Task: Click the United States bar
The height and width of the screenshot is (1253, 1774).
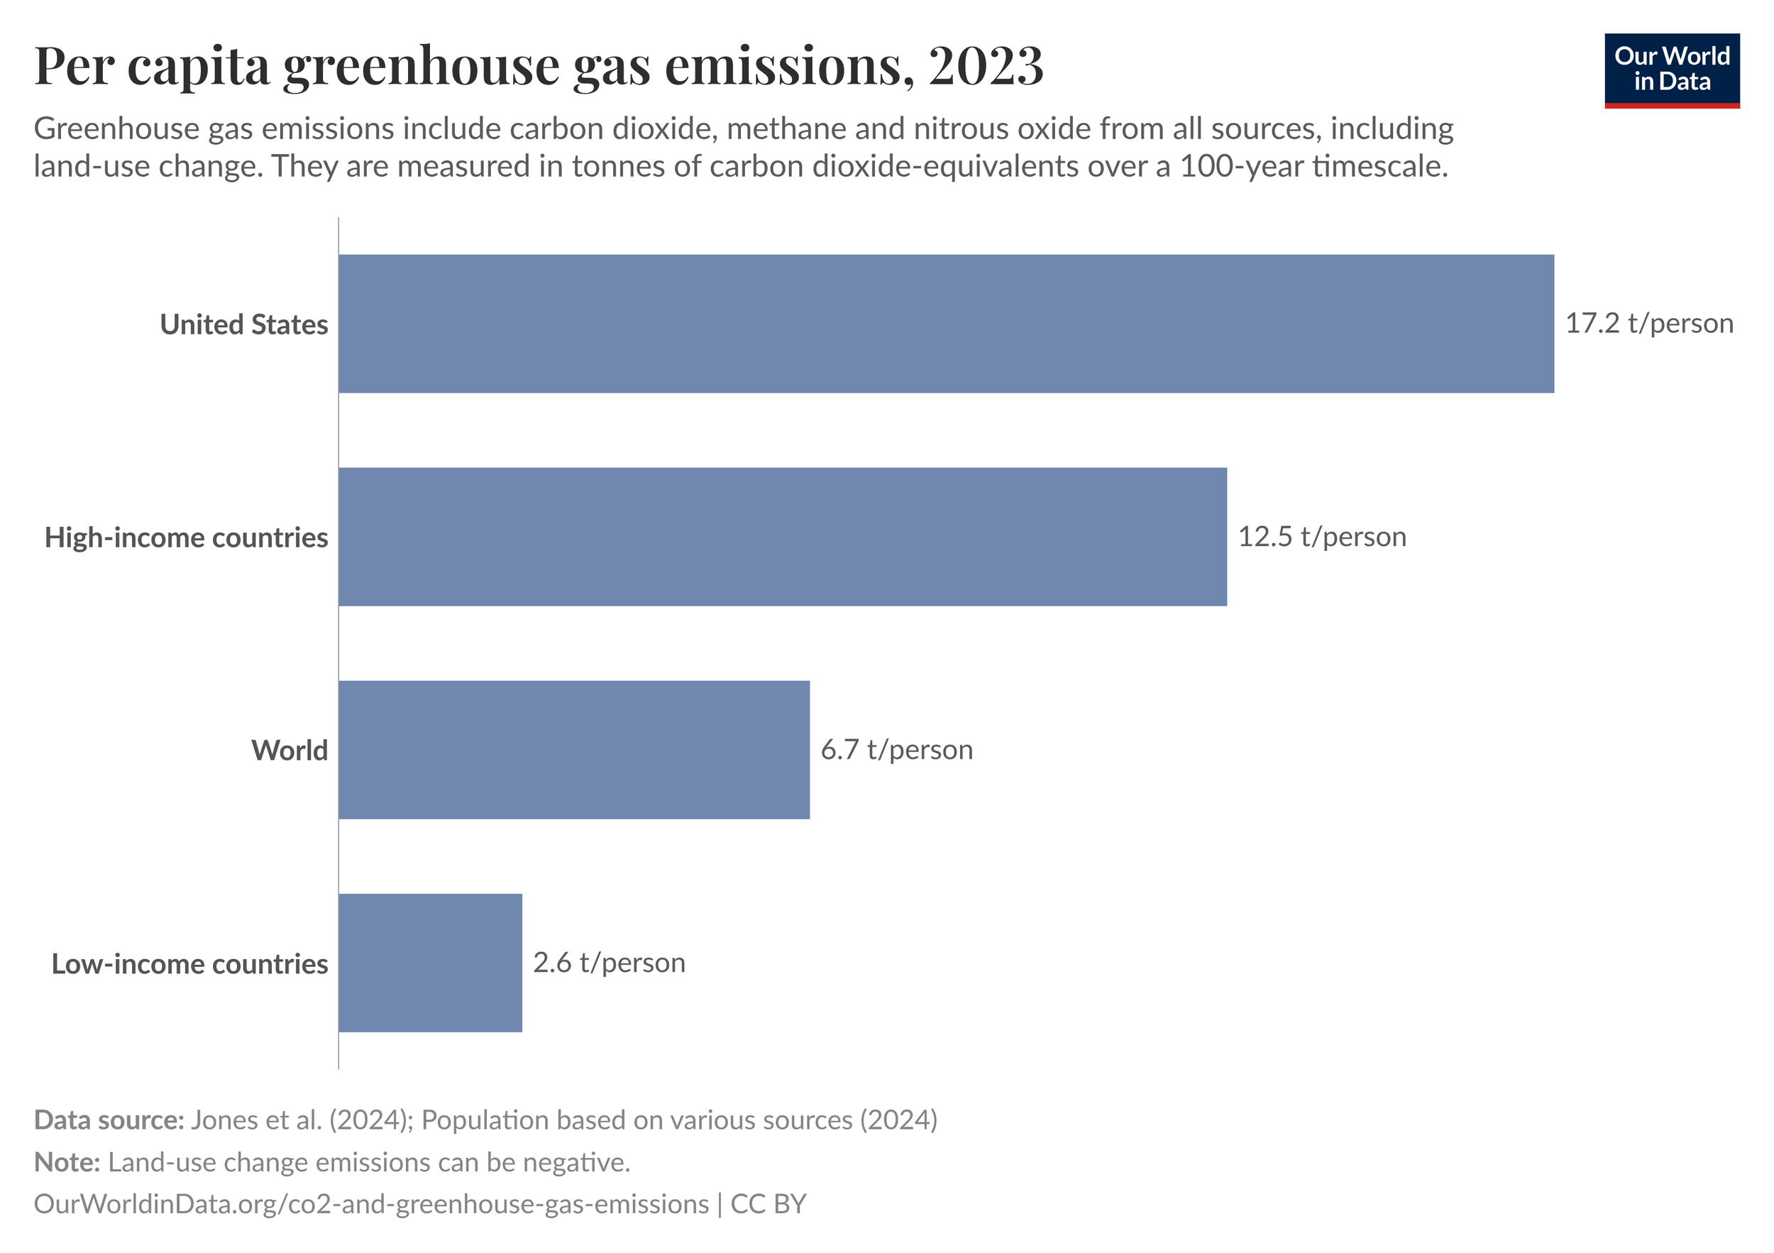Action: [946, 324]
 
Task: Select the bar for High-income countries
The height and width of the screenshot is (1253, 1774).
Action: [782, 537]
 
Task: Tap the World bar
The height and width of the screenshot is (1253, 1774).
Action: [574, 750]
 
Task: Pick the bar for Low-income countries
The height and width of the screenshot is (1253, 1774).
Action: [430, 963]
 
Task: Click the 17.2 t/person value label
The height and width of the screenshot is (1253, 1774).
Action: [1649, 323]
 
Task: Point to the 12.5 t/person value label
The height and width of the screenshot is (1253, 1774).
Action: [1322, 537]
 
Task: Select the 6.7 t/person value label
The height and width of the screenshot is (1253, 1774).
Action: [896, 750]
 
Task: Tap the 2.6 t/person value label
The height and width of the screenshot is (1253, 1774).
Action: [609, 963]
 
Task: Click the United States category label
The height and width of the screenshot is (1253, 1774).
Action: [243, 324]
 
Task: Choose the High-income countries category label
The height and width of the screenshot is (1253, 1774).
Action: [186, 537]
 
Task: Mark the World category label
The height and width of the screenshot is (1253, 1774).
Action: [289, 750]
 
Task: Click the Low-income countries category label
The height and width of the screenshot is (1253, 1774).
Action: [189, 964]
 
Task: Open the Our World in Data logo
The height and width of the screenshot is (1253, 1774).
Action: [1671, 70]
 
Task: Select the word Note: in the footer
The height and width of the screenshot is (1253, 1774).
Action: [67, 1163]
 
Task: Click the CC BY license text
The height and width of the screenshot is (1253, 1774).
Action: [768, 1204]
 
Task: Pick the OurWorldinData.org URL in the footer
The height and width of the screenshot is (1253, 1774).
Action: [371, 1204]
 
